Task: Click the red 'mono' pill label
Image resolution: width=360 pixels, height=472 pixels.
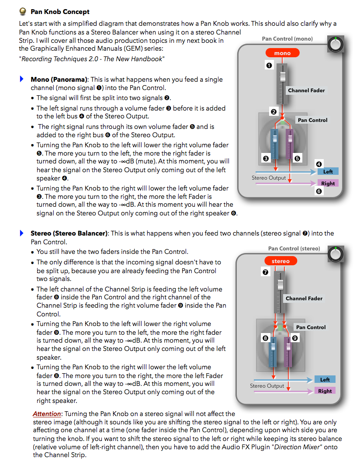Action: [282, 53]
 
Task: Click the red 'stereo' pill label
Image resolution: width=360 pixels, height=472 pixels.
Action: [280, 261]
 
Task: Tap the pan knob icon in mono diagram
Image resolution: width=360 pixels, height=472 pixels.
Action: [335, 45]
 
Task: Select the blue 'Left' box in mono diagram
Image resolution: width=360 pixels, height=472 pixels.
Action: [328, 172]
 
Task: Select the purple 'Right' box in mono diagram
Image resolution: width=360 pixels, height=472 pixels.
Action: [328, 184]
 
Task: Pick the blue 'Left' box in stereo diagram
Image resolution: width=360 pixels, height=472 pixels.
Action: [325, 380]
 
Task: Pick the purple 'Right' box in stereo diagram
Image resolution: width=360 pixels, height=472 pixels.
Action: [325, 391]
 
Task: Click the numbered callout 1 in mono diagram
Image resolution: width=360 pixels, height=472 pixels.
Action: [269, 66]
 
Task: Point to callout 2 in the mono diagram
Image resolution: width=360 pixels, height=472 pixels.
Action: [273, 112]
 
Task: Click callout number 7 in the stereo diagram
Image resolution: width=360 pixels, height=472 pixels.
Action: [265, 272]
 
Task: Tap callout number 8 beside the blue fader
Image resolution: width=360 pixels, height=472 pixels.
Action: [265, 338]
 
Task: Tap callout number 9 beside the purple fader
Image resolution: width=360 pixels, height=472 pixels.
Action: [295, 338]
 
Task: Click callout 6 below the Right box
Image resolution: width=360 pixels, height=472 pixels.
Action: [319, 191]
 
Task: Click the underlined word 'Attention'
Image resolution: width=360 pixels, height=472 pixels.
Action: [47, 413]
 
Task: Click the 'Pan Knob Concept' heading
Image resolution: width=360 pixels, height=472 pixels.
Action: [60, 12]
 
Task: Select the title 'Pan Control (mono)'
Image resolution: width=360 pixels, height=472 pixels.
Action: [287, 39]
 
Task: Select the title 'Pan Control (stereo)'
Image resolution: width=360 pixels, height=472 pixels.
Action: [294, 249]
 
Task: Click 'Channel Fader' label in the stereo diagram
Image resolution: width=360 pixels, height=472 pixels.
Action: [304, 298]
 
